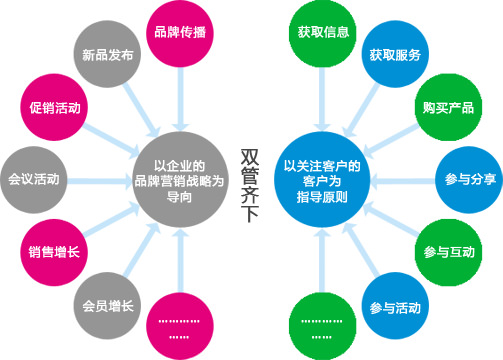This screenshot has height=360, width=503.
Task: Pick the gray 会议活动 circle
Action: coord(33,180)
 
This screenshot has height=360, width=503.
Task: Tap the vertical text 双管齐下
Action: coord(250,180)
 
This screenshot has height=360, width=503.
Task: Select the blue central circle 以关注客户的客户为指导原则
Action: coord(322,180)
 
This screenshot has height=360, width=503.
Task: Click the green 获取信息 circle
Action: coord(322,31)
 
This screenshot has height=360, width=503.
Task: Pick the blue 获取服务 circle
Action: coord(394,55)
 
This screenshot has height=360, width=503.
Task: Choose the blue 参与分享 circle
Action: coord(471,180)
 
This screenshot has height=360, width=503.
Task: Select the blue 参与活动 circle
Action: coord(394,304)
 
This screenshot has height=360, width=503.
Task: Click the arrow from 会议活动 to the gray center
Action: coord(100,180)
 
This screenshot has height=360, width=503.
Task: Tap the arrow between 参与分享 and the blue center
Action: coord(400,180)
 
